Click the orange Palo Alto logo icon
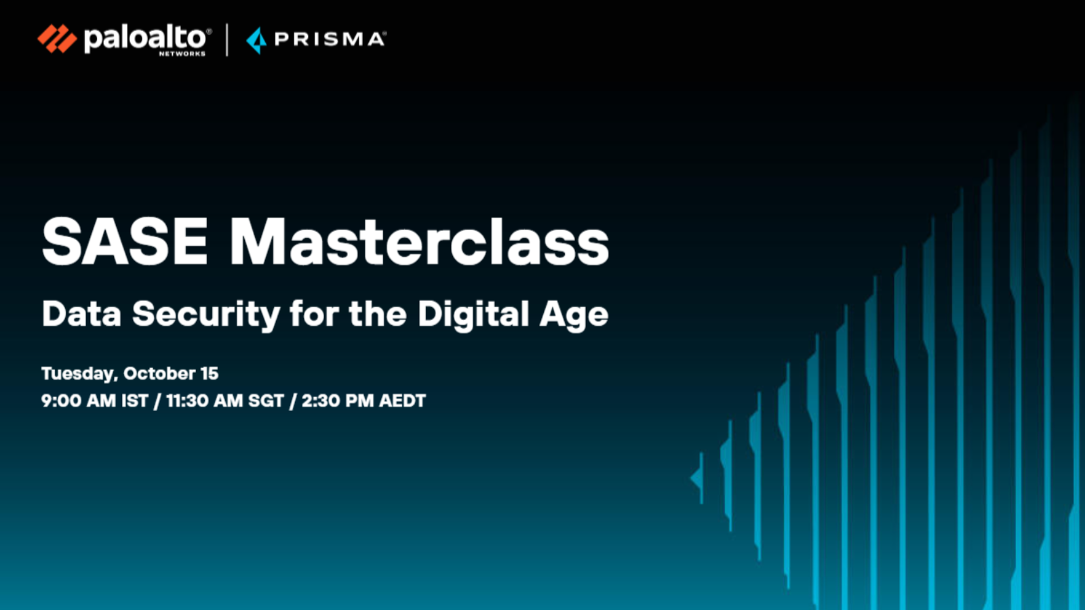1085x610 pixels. [x=57, y=38]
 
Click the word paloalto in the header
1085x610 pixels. [x=145, y=38]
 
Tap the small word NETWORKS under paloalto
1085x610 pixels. [x=182, y=54]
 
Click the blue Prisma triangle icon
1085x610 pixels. [x=257, y=40]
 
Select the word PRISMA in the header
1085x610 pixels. [x=330, y=39]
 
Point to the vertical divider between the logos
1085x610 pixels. [x=226, y=40]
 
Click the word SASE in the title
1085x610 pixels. [x=125, y=241]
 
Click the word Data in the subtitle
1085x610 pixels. [x=81, y=314]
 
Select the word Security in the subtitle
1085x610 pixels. [x=206, y=315]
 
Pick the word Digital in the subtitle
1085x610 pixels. [x=473, y=315]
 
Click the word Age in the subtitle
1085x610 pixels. [x=574, y=316]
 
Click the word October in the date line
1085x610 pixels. [x=159, y=373]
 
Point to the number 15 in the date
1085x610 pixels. [x=210, y=373]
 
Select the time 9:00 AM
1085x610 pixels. [x=78, y=401]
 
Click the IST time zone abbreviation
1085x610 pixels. [x=135, y=401]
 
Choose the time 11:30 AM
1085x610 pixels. [x=204, y=401]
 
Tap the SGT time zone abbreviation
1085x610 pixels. [x=266, y=401]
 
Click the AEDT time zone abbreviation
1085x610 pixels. [x=403, y=401]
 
